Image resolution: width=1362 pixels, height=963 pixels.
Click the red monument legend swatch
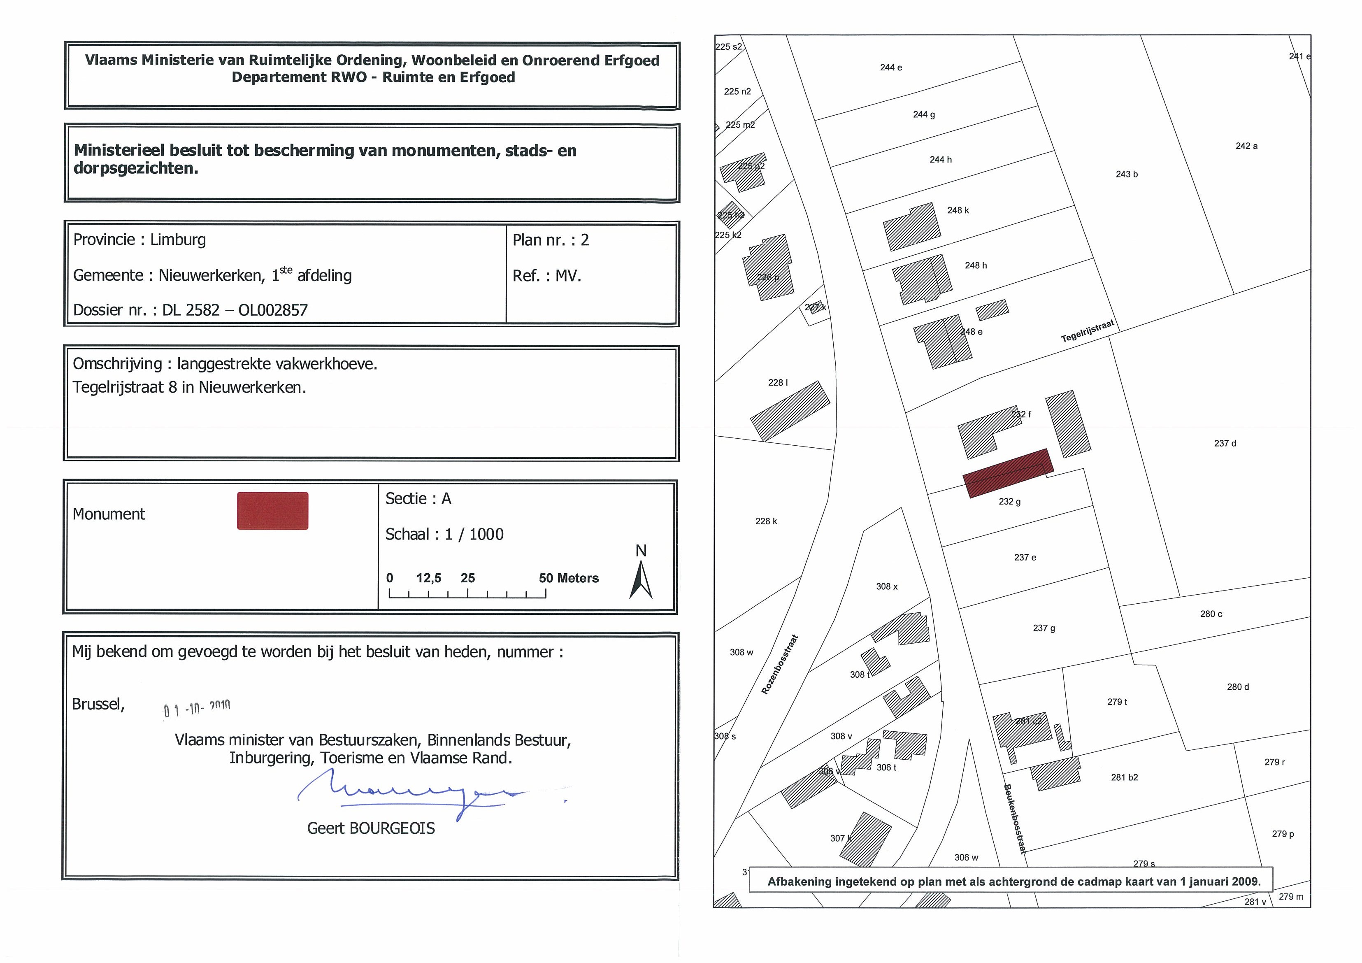click(x=272, y=510)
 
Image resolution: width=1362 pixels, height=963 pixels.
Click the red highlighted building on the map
click(x=1007, y=473)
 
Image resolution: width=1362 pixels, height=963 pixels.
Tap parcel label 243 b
click(x=1127, y=174)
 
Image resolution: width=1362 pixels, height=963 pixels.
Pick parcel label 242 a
click(x=1246, y=146)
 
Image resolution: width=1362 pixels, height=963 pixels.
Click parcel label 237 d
click(x=1225, y=443)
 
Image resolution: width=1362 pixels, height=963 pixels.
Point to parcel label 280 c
click(x=1211, y=614)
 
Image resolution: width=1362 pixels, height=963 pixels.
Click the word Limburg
click(x=178, y=240)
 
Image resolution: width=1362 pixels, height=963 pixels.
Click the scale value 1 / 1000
click(x=474, y=535)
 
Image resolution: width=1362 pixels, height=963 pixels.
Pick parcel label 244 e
click(x=890, y=67)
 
